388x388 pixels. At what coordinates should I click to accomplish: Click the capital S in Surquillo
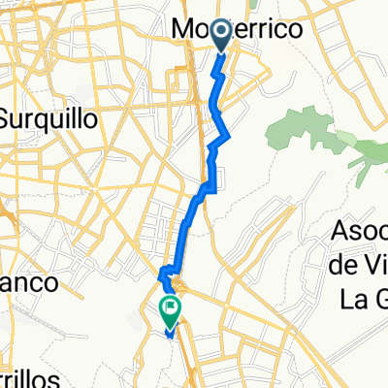[x=9, y=120]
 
